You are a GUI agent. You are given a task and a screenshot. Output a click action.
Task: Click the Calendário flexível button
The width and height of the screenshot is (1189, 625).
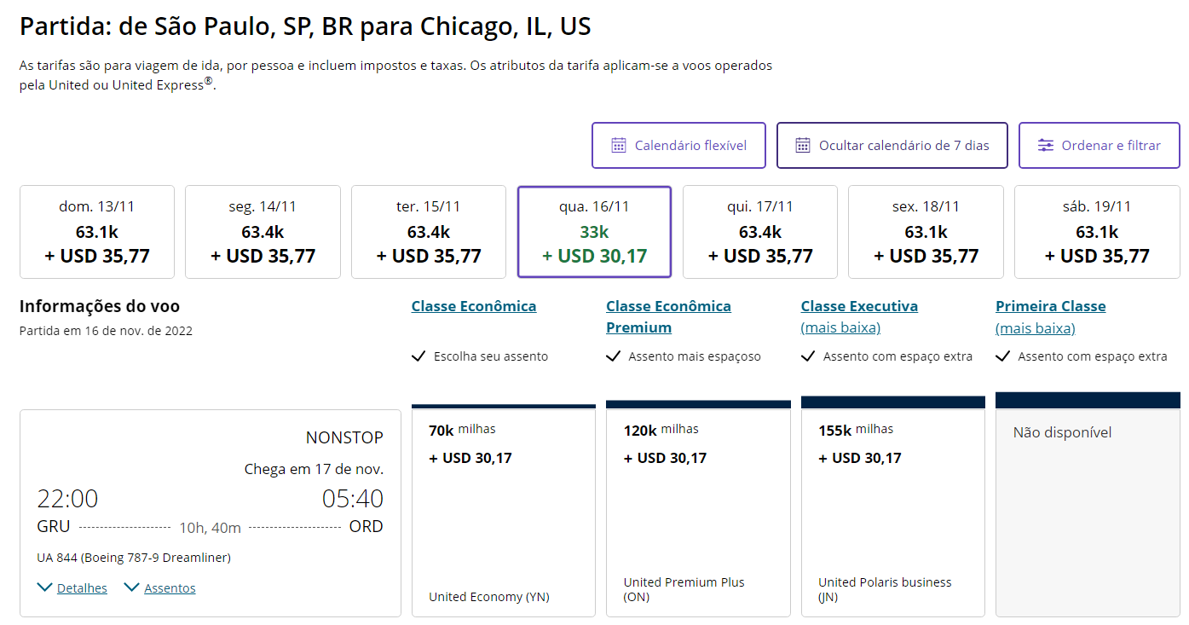tap(678, 146)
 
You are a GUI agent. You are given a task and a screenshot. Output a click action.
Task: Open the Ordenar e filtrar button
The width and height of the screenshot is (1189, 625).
tap(1099, 146)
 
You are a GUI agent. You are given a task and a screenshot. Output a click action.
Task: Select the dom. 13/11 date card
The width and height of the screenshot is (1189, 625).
tap(96, 232)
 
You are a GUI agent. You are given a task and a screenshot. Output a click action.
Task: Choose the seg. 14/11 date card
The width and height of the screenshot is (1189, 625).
tap(263, 232)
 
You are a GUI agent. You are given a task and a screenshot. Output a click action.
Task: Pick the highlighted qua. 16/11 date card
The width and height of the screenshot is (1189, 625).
tap(594, 232)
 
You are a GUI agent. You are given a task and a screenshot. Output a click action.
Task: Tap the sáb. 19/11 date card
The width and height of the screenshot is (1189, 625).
tap(1097, 232)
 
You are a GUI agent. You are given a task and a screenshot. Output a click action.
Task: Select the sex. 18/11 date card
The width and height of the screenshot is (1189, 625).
tap(926, 232)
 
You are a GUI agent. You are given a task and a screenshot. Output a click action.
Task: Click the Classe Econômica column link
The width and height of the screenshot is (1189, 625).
tap(474, 306)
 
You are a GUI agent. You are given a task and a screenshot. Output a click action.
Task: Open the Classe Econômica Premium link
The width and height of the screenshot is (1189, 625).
tap(668, 316)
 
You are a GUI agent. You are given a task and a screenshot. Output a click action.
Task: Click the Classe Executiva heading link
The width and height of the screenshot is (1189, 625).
tap(859, 306)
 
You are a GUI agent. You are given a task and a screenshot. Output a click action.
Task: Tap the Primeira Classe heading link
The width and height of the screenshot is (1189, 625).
tap(1050, 306)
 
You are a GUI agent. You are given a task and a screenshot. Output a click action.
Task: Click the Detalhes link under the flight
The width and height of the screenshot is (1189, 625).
tap(82, 588)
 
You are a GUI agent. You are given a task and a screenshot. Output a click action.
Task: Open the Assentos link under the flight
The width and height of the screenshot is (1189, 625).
tap(169, 588)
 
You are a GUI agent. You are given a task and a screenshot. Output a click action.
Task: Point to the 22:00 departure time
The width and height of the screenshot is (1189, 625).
tap(67, 499)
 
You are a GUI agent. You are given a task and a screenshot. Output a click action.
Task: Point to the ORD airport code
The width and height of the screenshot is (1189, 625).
tap(366, 526)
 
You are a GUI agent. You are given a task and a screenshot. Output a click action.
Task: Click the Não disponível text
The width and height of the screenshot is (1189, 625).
tap(1062, 432)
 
